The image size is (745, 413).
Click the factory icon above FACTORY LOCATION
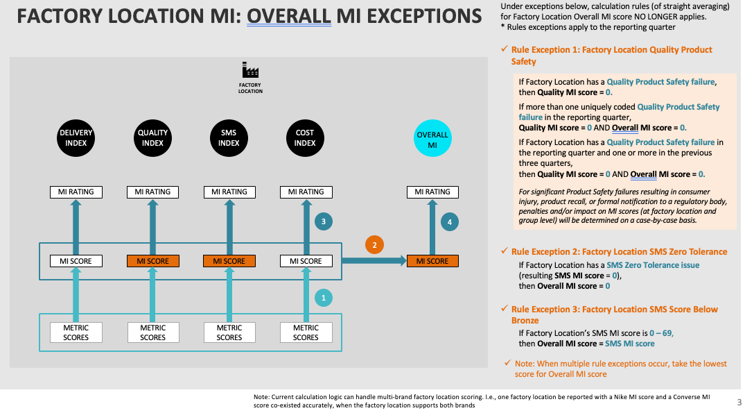click(250, 70)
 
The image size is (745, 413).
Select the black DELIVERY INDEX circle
click(76, 137)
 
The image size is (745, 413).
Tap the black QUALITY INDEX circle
click(152, 137)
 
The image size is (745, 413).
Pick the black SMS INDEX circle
click(229, 137)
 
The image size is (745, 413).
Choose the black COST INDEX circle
click(305, 137)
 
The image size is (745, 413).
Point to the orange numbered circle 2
click(374, 245)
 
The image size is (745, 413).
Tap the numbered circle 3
click(324, 222)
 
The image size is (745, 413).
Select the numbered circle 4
click(450, 222)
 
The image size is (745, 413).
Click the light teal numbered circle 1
click(324, 298)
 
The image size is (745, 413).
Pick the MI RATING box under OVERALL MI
click(432, 192)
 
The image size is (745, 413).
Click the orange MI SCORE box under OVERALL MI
click(432, 261)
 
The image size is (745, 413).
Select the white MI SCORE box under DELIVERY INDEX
click(76, 261)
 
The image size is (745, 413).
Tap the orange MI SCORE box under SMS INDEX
click(229, 261)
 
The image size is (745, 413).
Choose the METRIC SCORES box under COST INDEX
click(306, 332)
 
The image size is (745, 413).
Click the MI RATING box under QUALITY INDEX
click(152, 192)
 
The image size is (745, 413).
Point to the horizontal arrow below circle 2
click(374, 261)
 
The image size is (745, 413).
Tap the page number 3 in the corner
click(738, 402)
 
